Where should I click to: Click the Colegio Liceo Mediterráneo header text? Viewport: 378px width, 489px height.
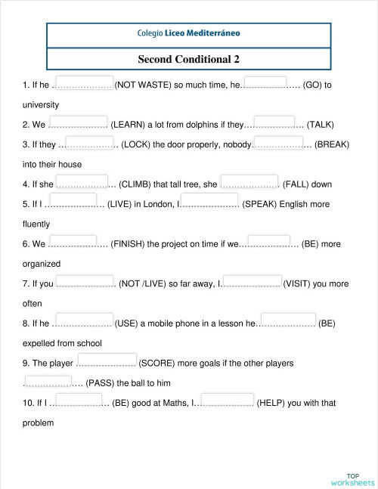pyautogui.click(x=189, y=34)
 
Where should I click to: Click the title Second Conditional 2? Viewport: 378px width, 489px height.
pyautogui.click(x=189, y=58)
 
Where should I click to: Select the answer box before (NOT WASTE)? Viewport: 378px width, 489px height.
pyautogui.click(x=85, y=84)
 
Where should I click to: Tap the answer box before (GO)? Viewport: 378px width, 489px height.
pyautogui.click(x=265, y=83)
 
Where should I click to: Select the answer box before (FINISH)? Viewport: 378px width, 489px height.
pyautogui.click(x=78, y=243)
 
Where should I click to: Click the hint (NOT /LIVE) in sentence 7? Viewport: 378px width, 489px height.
pyautogui.click(x=147, y=284)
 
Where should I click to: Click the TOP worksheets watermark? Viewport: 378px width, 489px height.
pyautogui.click(x=352, y=478)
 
